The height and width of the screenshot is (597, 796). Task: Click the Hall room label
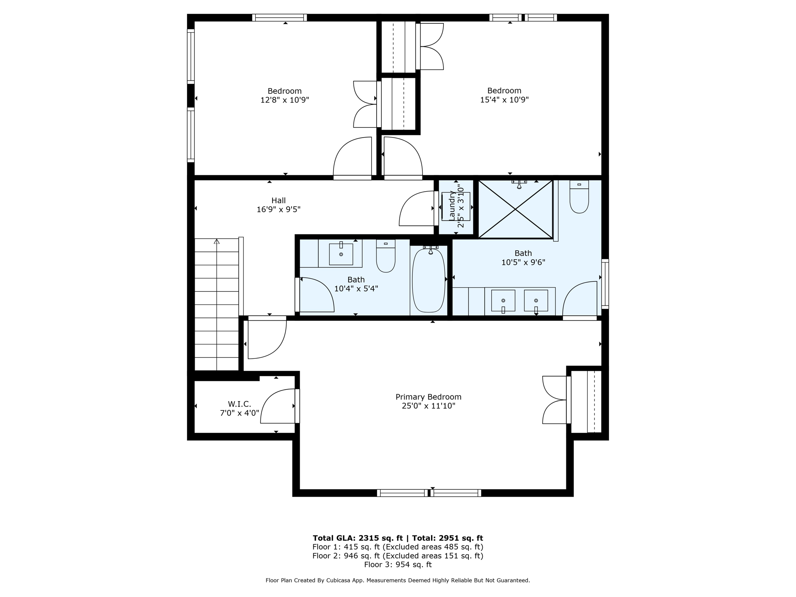(x=278, y=201)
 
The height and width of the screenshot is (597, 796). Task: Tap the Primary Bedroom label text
(x=428, y=397)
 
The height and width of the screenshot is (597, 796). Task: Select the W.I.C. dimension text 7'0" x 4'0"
(x=239, y=413)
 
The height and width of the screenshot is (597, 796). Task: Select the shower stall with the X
(x=515, y=209)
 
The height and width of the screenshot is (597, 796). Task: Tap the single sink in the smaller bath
(x=341, y=254)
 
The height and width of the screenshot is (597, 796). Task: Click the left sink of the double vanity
(x=503, y=300)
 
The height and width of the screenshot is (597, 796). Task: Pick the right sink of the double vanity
(x=536, y=300)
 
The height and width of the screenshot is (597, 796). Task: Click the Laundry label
(x=452, y=206)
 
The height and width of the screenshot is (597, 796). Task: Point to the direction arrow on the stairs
(x=216, y=242)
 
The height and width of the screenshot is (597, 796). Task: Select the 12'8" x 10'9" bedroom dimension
(x=285, y=100)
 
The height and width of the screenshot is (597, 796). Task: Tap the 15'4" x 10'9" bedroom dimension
(x=504, y=99)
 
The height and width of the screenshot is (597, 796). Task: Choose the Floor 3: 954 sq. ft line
(x=398, y=564)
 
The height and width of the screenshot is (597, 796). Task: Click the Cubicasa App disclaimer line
(x=398, y=580)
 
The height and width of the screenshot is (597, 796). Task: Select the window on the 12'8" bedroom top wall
(x=279, y=17)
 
